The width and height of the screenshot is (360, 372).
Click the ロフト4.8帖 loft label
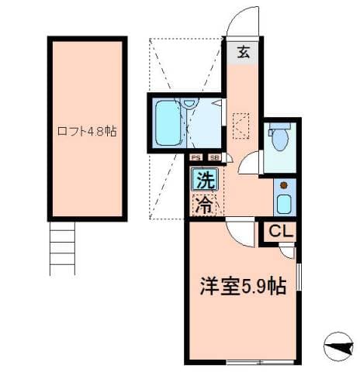[x=85, y=131]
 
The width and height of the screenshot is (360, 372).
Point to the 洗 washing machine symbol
[x=204, y=183]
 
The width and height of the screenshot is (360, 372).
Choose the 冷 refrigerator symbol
[x=204, y=205]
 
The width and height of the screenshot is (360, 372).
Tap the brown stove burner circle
[x=282, y=186]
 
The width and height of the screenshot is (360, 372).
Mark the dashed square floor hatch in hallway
[x=241, y=124]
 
